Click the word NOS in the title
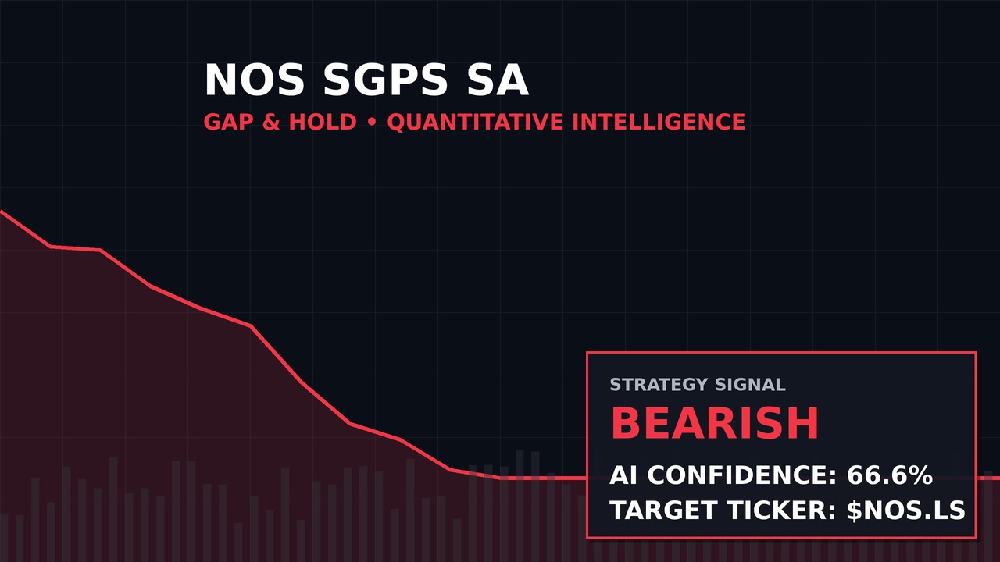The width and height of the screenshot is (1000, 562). pos(255,80)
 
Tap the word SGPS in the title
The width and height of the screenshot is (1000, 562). pos(386,80)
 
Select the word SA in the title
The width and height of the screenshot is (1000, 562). pos(498,80)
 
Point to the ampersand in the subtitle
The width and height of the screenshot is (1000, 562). pos(271,122)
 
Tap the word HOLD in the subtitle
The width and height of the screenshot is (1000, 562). pos(323,122)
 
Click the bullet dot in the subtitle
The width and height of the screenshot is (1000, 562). pos(372,123)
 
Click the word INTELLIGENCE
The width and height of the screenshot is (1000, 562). pos(659,122)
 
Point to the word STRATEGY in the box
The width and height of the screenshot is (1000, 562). pos(659,385)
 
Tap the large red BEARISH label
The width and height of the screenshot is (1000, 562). pos(714,423)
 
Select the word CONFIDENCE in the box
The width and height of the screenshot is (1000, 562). pos(742,475)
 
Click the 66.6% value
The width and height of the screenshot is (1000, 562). pos(890,475)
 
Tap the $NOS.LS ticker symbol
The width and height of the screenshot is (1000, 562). pos(906,510)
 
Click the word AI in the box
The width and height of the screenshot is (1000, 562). pos(624,475)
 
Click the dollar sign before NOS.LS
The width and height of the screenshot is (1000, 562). pos(855,510)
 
